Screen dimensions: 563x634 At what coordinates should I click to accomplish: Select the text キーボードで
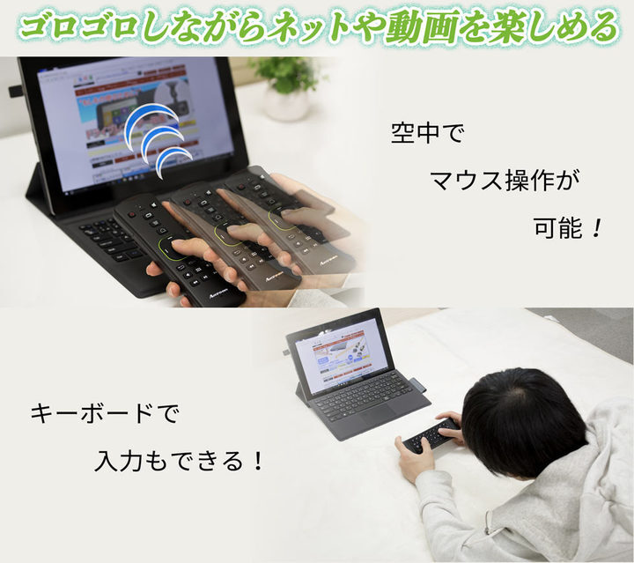pyautogui.click(x=98, y=411)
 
